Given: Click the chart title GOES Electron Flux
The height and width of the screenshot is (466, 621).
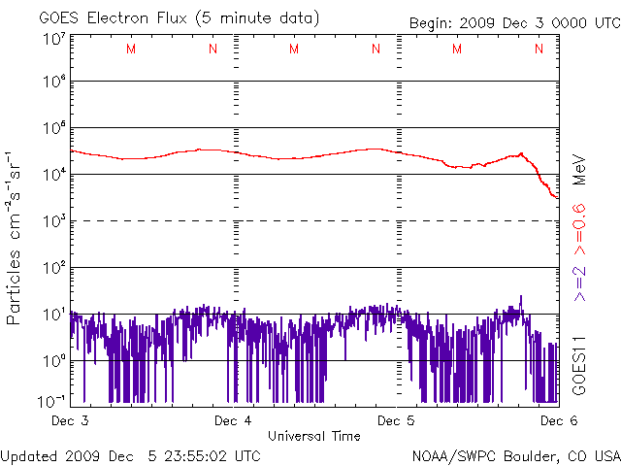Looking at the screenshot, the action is (x=113, y=18).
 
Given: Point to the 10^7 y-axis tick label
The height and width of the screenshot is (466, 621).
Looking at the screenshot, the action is (x=54, y=39).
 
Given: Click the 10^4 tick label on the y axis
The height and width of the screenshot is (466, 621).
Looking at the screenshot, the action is (x=54, y=173).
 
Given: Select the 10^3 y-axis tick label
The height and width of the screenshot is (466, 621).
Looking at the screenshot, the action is (x=54, y=219).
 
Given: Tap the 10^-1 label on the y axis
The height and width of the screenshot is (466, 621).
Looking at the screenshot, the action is (x=51, y=401).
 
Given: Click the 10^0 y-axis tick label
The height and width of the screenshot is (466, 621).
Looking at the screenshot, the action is (x=54, y=359).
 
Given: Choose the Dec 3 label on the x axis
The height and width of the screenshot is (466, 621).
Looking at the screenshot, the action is (x=70, y=420).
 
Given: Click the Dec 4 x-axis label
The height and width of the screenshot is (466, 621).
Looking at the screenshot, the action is (x=233, y=420).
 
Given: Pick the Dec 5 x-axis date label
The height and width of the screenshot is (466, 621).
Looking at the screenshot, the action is (x=396, y=420).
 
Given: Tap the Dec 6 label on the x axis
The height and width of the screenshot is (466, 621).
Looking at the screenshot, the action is (x=559, y=420).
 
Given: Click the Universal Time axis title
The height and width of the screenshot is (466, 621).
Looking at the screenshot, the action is (x=314, y=436).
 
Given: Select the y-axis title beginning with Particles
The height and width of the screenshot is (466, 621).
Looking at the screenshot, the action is (x=14, y=238).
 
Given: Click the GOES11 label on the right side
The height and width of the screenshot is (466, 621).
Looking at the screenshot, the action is (x=579, y=365).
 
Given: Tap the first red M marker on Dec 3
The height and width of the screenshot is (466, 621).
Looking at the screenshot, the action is (x=131, y=49).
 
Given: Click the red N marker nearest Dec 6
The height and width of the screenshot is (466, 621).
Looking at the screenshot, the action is (x=539, y=49).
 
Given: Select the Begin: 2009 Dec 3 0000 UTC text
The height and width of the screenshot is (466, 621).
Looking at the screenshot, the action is (x=515, y=23).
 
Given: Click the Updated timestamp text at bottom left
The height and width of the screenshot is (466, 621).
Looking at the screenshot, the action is (x=130, y=456).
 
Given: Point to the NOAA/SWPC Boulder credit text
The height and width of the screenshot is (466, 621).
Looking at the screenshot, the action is (x=516, y=456).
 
